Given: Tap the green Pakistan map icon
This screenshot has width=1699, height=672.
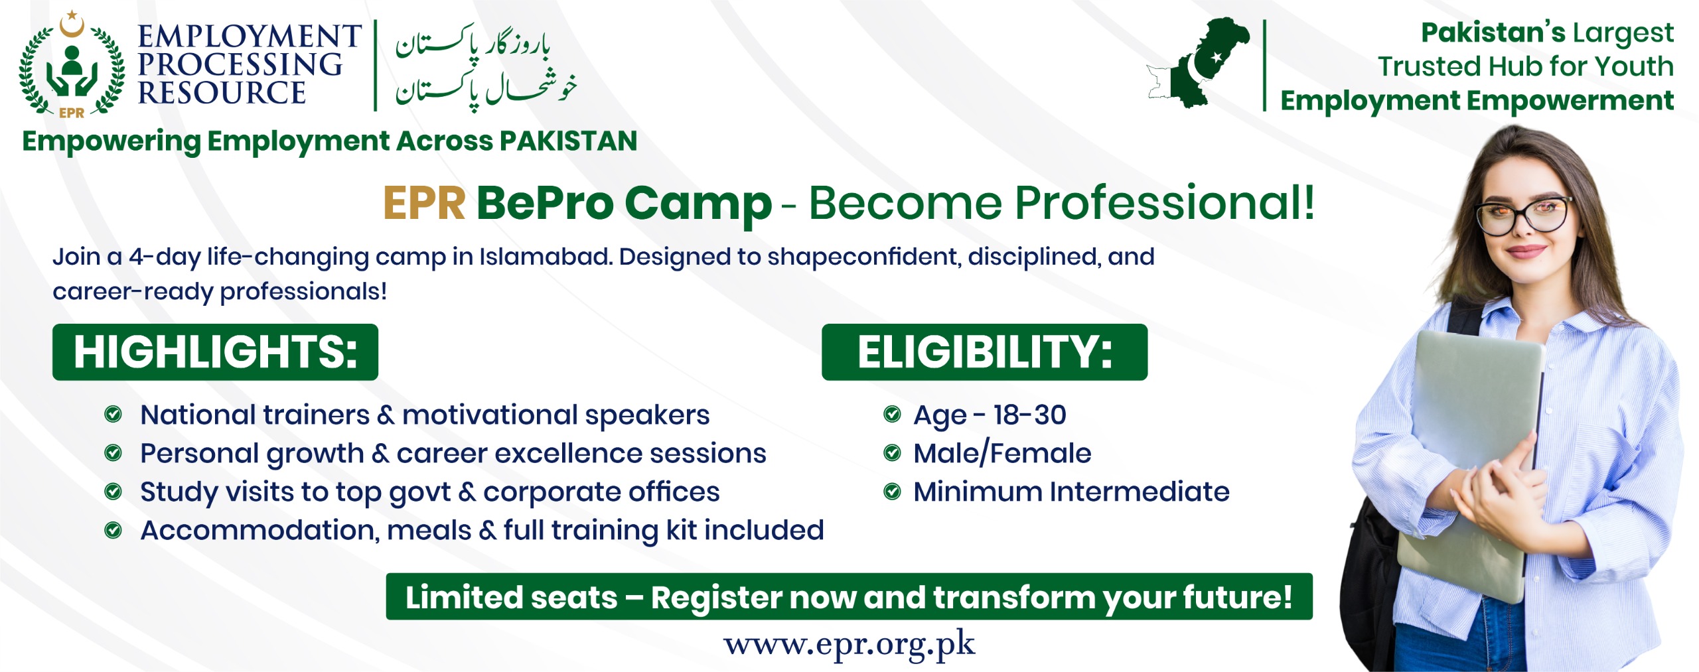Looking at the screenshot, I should [x=1200, y=63].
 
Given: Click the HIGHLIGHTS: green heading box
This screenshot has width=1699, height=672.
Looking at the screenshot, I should [x=215, y=352].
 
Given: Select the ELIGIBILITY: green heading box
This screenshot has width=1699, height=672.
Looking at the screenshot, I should [x=984, y=352].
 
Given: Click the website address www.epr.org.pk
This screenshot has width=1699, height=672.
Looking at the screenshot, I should [x=849, y=644].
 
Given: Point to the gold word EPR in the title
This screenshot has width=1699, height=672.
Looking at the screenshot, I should [x=424, y=203].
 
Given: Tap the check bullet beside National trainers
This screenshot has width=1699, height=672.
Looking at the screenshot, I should [x=113, y=415].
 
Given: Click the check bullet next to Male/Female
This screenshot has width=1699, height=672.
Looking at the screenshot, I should [x=892, y=453].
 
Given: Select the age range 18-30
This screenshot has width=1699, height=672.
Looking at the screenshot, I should [x=1029, y=415].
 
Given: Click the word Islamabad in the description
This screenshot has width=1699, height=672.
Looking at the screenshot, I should [x=545, y=257].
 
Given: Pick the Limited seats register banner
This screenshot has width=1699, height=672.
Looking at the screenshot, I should [x=849, y=597].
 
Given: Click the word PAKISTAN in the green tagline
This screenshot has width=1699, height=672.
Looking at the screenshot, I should [x=568, y=141].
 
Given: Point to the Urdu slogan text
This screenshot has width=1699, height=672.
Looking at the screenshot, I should [x=485, y=66].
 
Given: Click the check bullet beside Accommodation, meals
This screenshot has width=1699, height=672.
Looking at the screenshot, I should [x=113, y=530].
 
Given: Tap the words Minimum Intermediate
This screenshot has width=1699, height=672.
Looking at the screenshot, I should [x=1071, y=492].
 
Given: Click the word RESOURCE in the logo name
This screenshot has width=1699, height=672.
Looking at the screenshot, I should [x=222, y=94].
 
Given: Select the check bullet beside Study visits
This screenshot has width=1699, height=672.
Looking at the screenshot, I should [x=113, y=492].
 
